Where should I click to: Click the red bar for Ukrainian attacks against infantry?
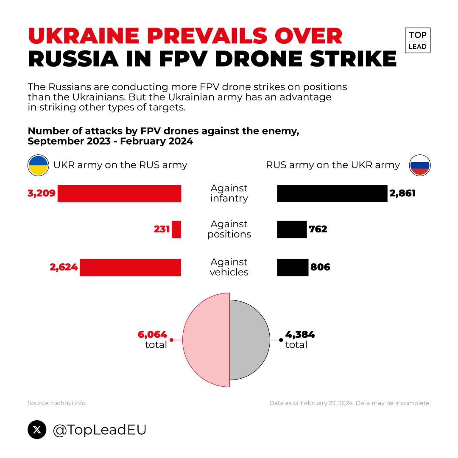click(x=119, y=193)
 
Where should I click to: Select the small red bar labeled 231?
click(x=176, y=229)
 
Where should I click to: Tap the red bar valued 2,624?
click(x=130, y=267)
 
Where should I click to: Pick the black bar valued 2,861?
click(x=332, y=193)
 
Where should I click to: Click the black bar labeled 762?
click(x=292, y=229)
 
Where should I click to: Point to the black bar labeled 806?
click(x=293, y=267)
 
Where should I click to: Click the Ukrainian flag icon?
click(x=38, y=165)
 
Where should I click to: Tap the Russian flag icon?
click(x=420, y=165)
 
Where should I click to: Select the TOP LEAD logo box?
click(x=418, y=41)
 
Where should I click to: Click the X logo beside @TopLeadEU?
click(x=37, y=430)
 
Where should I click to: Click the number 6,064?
click(x=152, y=335)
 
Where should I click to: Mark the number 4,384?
click(x=300, y=335)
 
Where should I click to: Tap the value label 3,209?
click(x=42, y=193)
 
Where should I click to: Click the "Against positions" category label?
click(x=229, y=229)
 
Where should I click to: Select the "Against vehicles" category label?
click(x=229, y=267)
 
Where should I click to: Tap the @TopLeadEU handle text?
click(x=100, y=430)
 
